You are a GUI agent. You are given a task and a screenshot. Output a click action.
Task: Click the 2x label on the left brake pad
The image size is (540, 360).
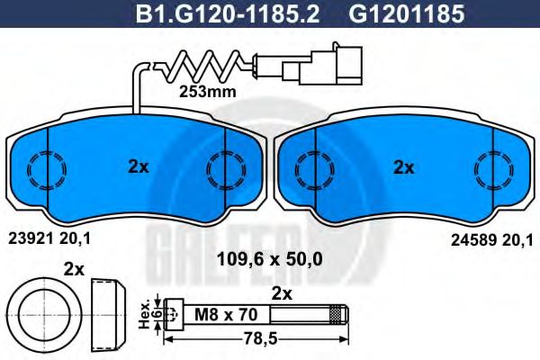coord(137,166)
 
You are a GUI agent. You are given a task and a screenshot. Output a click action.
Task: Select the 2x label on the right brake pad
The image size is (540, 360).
coord(404,166)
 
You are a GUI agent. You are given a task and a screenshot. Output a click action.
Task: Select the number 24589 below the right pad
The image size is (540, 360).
coord(468,240)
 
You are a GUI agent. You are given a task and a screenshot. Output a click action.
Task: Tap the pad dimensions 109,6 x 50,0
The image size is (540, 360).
coord(270,260)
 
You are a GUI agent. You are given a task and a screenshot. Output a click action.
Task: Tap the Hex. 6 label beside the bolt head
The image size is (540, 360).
coord(148,314)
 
